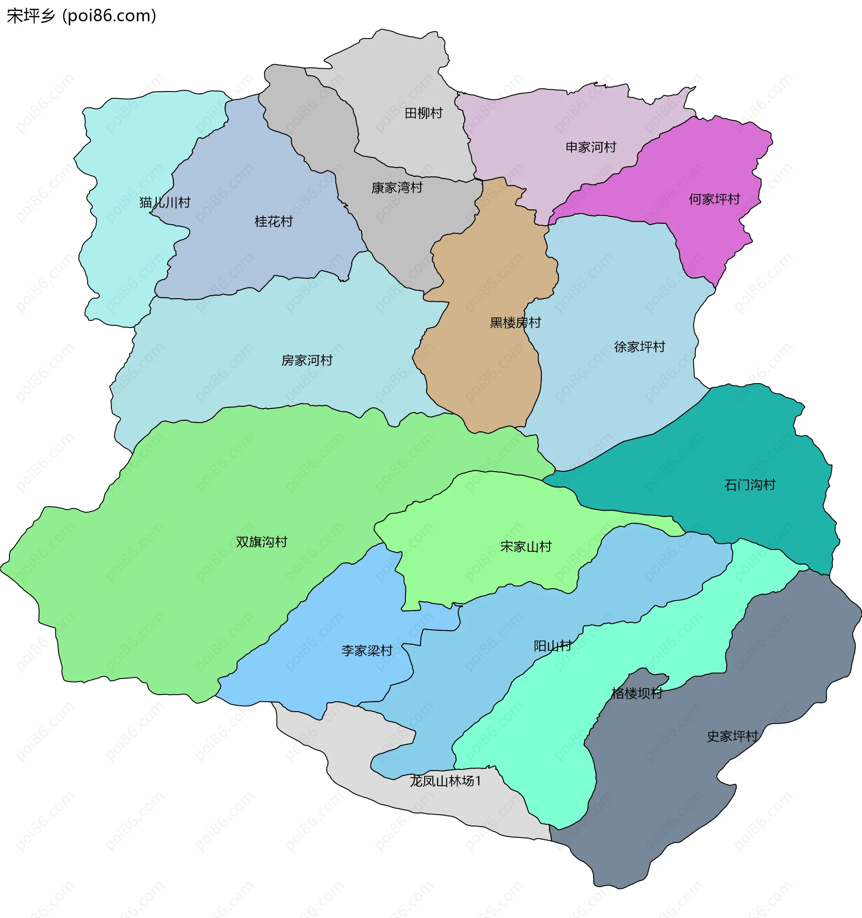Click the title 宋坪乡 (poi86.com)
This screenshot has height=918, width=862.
click(x=81, y=16)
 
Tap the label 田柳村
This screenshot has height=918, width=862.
click(x=423, y=113)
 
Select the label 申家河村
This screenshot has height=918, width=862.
click(x=591, y=147)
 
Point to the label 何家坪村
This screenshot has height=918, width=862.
click(x=714, y=200)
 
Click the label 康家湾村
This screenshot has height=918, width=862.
click(x=397, y=188)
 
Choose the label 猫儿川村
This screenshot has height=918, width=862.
click(x=165, y=203)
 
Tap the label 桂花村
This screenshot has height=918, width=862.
click(x=273, y=222)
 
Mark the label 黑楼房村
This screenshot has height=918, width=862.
click(x=515, y=323)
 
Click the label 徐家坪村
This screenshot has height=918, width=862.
click(x=639, y=347)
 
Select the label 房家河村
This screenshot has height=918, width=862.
click(x=307, y=360)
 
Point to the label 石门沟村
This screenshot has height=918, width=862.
click(x=749, y=485)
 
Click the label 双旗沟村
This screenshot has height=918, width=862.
click(x=261, y=542)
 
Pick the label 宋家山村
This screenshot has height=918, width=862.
click(x=526, y=547)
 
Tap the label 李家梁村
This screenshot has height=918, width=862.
click(x=367, y=651)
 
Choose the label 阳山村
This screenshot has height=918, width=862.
click(x=553, y=646)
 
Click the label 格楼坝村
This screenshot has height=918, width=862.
click(x=637, y=693)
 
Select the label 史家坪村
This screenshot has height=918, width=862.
click(x=732, y=736)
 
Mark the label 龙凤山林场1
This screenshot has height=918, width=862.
click(x=445, y=781)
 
